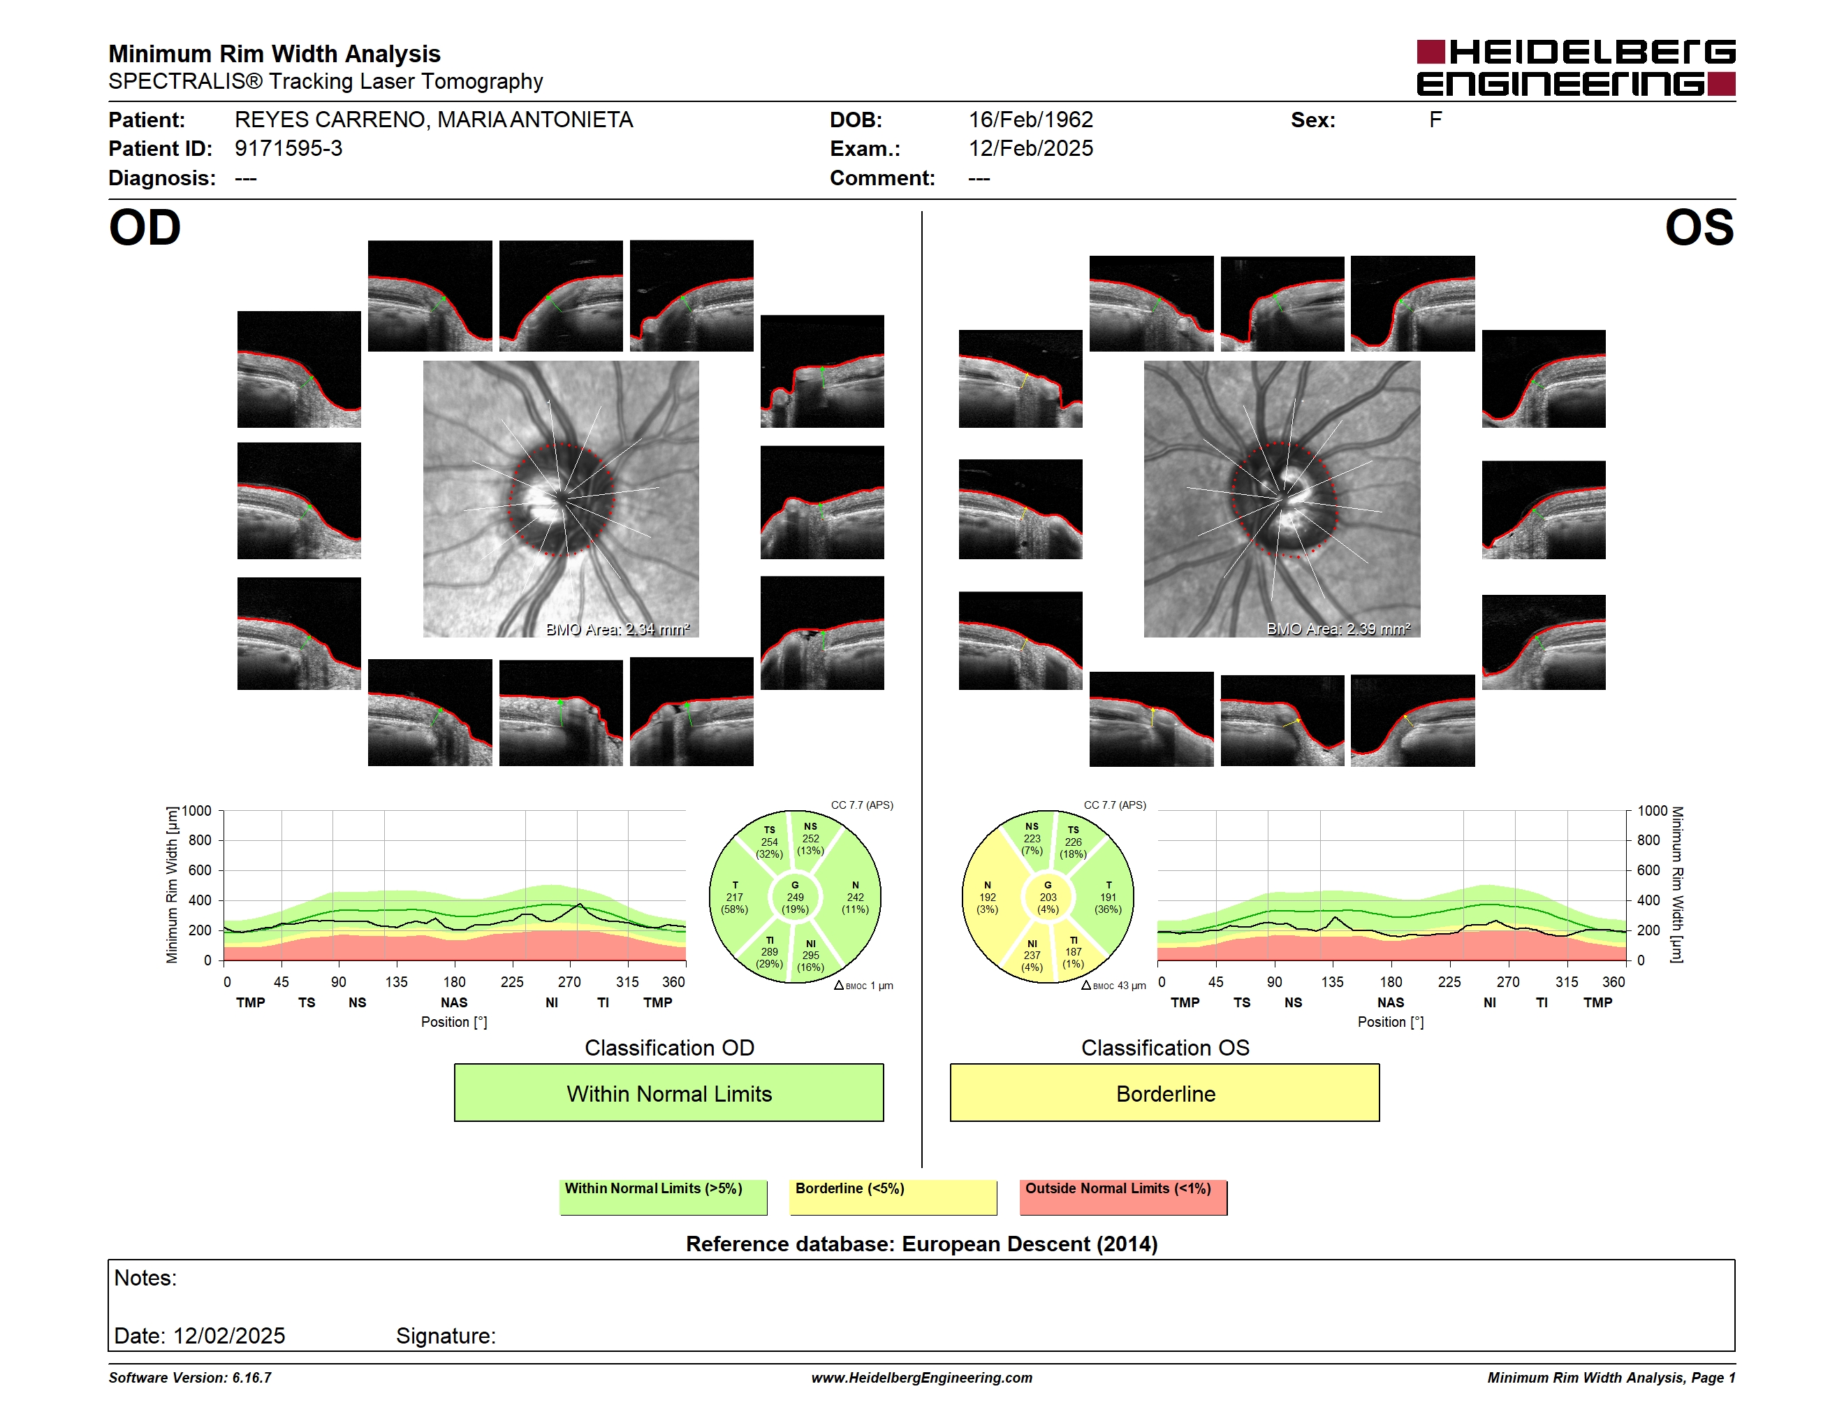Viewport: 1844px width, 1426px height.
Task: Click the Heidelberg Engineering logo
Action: (1576, 68)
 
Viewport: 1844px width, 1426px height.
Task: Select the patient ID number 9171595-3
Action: (288, 149)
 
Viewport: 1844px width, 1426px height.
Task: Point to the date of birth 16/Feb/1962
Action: (1030, 120)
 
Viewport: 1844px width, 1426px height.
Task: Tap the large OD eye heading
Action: (145, 228)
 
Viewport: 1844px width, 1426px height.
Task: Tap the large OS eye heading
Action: (1699, 228)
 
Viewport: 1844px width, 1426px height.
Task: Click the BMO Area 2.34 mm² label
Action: (617, 629)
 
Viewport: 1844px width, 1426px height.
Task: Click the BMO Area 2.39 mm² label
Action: (1338, 629)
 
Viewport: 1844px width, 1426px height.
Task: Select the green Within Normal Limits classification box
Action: (668, 1093)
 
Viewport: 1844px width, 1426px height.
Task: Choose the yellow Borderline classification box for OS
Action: (1165, 1093)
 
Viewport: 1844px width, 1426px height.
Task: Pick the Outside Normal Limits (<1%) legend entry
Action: (1123, 1197)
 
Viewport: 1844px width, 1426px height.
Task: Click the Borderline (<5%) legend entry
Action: (893, 1197)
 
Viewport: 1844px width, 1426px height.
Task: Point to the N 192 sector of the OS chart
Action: (988, 897)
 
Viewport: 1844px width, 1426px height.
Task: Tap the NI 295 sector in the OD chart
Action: (810, 956)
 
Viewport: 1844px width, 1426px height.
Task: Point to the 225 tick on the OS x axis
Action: (1449, 981)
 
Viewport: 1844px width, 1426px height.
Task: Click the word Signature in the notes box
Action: (446, 1336)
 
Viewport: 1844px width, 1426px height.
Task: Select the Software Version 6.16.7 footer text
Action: (190, 1378)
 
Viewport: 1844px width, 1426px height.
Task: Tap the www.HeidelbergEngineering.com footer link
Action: (922, 1378)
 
